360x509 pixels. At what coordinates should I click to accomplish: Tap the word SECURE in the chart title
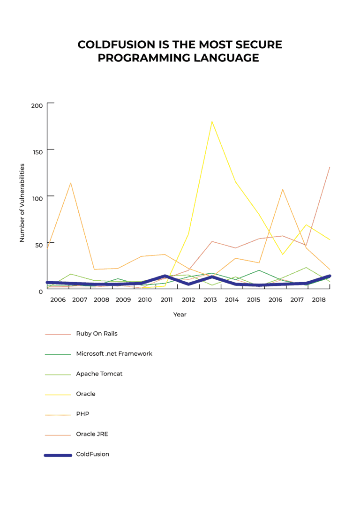click(x=259, y=45)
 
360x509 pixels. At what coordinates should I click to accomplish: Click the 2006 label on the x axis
click(x=58, y=299)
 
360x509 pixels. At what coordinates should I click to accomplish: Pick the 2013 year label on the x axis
click(x=210, y=299)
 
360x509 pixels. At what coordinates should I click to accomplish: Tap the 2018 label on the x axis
click(x=319, y=299)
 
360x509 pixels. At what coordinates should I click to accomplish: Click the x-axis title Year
click(x=180, y=314)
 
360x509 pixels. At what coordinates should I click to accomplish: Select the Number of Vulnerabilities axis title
click(x=22, y=203)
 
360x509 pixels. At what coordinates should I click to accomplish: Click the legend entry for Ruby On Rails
click(x=97, y=334)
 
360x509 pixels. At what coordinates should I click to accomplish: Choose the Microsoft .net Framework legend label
click(x=114, y=354)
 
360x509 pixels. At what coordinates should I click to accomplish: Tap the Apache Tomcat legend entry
click(x=99, y=374)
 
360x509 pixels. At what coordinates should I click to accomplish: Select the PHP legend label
click(x=82, y=414)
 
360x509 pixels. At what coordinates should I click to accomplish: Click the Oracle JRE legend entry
click(x=92, y=434)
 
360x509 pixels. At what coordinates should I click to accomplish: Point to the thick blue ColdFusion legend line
click(x=58, y=455)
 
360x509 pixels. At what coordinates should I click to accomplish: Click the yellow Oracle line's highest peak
click(x=212, y=121)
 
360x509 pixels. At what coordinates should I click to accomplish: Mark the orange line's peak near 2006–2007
click(x=70, y=183)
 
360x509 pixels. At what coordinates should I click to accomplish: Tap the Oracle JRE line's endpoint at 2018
click(x=330, y=167)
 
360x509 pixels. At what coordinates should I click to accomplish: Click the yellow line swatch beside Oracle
click(x=58, y=395)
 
